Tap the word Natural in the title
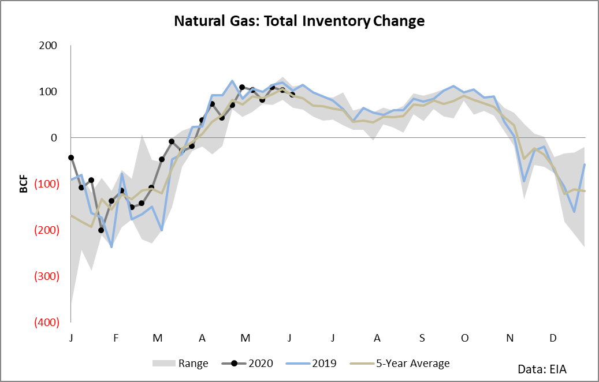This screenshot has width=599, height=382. (199, 21)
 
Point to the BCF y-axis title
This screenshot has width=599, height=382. (24, 183)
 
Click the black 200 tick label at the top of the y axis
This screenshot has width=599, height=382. (48, 46)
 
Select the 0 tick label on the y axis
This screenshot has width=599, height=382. (54, 138)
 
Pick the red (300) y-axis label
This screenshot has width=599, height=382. (47, 276)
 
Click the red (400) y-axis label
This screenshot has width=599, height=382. (47, 322)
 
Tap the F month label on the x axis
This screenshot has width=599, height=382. (116, 338)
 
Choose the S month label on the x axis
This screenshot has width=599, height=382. (422, 338)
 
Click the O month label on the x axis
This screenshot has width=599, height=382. (464, 338)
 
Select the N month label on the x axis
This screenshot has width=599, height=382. (509, 338)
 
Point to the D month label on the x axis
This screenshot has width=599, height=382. (553, 338)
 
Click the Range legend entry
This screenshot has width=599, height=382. (180, 364)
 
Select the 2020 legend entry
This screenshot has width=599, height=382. (247, 364)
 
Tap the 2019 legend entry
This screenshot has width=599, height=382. (311, 364)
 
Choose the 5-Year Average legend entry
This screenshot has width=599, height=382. (400, 364)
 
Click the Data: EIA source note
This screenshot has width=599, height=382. (542, 369)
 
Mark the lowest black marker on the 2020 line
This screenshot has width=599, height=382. (101, 230)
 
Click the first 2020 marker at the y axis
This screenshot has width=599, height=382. (71, 157)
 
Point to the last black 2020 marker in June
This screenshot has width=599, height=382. (292, 94)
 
